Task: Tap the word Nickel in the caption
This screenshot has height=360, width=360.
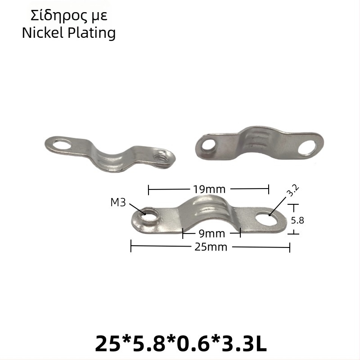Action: pos(42,32)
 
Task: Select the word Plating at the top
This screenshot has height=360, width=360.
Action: pos(92,33)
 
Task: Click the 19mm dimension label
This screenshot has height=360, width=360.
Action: pos(209,189)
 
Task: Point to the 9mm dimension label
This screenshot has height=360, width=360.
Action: pos(211,234)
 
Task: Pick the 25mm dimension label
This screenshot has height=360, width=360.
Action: pos(211,247)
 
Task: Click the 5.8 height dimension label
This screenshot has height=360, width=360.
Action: pos(297,220)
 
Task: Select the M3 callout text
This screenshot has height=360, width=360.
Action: pos(118,202)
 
